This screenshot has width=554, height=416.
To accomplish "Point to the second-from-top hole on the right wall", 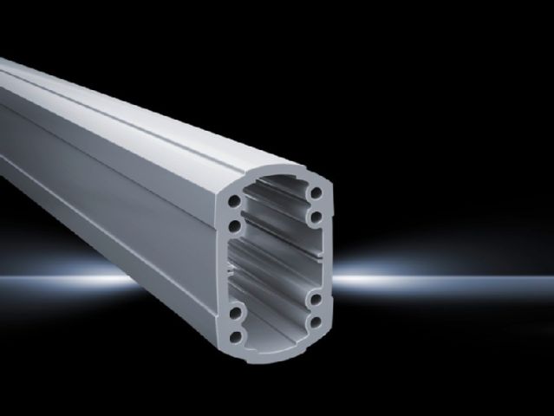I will [x=318, y=216].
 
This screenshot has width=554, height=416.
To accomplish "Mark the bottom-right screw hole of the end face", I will [x=319, y=326].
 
